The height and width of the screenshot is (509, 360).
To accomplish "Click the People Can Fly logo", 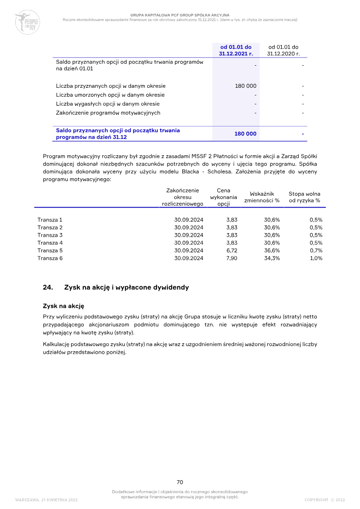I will [27, 22].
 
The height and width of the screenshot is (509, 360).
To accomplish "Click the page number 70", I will [180, 482].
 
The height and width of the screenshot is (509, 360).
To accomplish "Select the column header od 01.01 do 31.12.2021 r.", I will [236, 50].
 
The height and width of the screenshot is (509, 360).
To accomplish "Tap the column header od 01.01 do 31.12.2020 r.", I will [283, 50].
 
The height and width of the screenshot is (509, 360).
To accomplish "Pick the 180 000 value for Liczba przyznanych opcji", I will [246, 86].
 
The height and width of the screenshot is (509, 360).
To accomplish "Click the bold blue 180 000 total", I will [245, 134].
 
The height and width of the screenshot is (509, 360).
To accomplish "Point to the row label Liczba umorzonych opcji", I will [110, 95].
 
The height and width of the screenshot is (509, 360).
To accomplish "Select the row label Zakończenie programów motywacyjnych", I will [108, 113].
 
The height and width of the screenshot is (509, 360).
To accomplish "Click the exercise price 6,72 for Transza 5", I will [232, 251].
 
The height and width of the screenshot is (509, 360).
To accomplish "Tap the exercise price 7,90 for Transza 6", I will [231, 258].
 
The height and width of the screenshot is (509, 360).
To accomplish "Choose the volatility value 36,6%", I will [272, 251].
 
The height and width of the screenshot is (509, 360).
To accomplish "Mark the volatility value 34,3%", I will [272, 258].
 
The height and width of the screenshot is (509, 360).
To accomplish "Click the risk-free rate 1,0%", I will [316, 258].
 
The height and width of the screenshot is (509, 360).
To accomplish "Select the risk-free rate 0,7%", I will [316, 251].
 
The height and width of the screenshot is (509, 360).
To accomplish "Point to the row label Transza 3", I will [50, 235].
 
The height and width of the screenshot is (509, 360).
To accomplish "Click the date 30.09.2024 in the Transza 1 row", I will [189, 220].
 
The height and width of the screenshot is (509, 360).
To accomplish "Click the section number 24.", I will [48, 288].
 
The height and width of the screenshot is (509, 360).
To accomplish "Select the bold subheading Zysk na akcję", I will [63, 306].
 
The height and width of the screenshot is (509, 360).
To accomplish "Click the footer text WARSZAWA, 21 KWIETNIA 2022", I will [46, 500].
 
